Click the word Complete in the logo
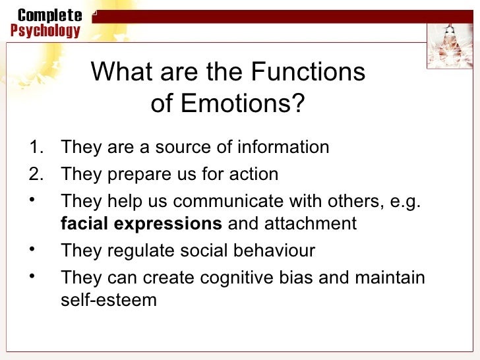click(x=50, y=15)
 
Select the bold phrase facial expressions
click(x=141, y=224)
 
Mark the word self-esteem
click(x=109, y=301)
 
